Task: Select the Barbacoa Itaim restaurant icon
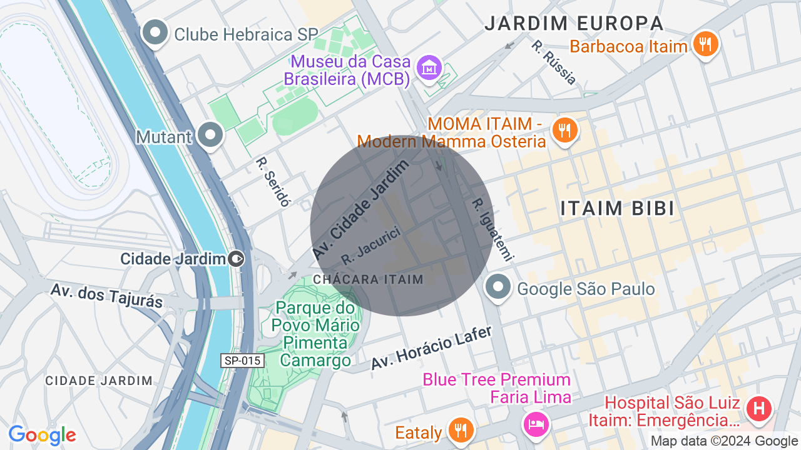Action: (705, 44)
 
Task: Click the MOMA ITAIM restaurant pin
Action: (564, 129)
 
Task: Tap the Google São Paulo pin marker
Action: (498, 287)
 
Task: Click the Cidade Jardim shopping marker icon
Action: (236, 258)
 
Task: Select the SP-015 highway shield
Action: (242, 361)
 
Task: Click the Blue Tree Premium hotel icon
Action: (537, 424)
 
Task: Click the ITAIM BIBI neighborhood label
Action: (617, 209)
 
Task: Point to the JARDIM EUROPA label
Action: (574, 24)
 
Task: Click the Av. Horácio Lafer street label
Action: (431, 347)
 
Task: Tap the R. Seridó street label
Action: (273, 181)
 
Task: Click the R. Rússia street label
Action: (553, 62)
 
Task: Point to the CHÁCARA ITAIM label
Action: (368, 279)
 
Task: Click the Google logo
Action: (42, 435)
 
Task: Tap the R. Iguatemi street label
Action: (492, 229)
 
